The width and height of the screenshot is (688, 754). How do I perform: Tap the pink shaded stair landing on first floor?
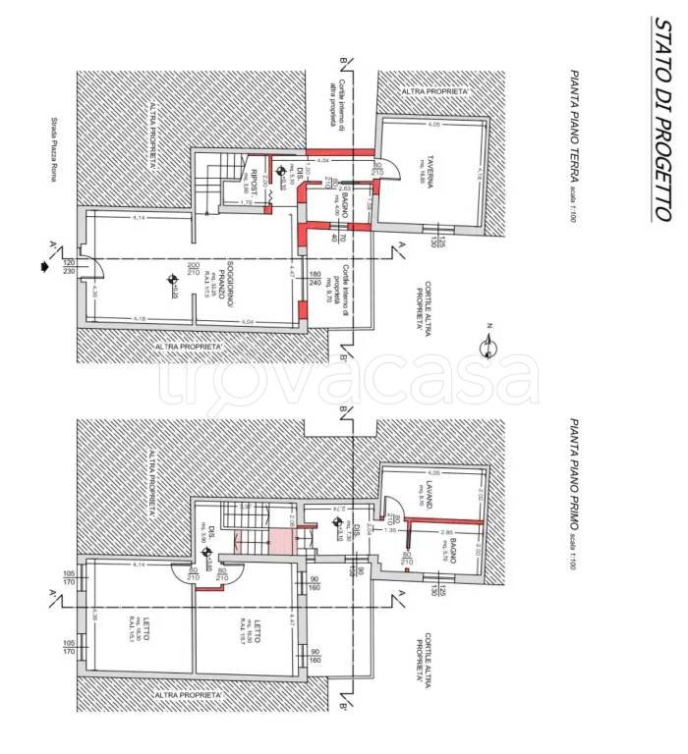[x=279, y=539]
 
